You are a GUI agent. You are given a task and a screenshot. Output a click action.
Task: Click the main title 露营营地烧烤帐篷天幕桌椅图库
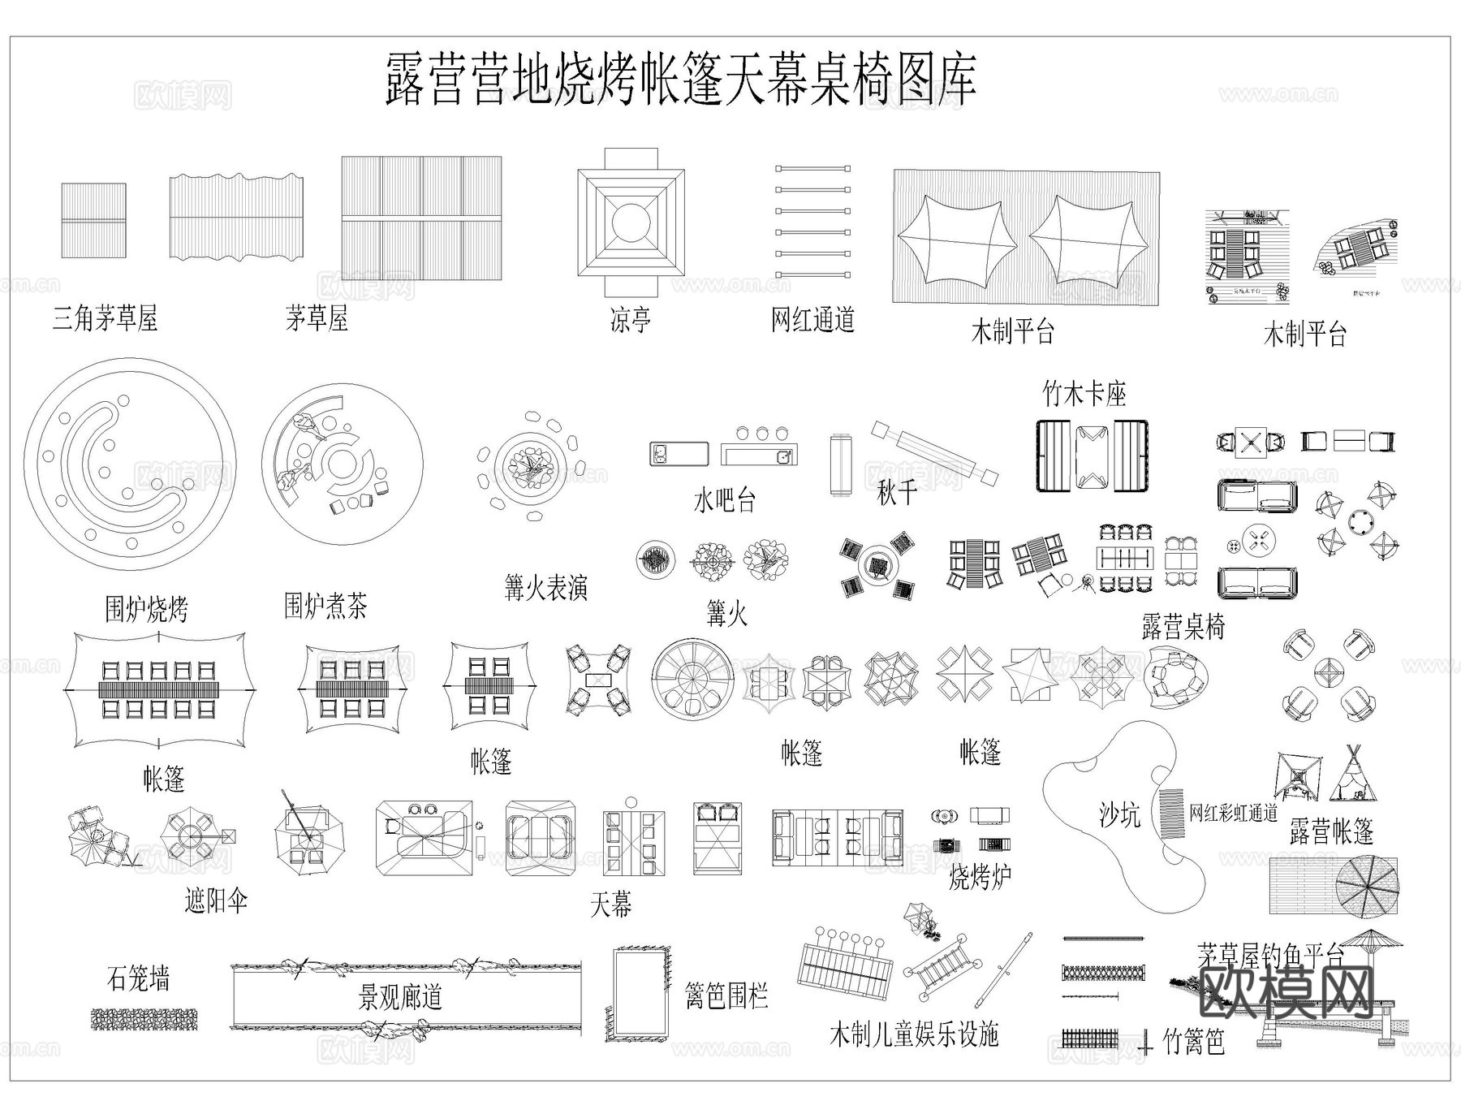(x=680, y=80)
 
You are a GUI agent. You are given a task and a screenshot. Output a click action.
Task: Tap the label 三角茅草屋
(x=105, y=318)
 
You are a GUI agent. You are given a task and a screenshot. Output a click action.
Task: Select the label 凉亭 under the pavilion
(x=630, y=320)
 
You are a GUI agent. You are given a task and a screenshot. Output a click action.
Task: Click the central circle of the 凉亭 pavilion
(x=631, y=222)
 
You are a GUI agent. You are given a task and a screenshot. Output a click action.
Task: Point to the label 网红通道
(x=812, y=319)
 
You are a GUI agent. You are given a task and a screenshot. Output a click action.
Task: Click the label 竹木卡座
(x=1084, y=395)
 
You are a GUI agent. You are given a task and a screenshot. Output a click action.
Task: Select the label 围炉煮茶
(x=325, y=606)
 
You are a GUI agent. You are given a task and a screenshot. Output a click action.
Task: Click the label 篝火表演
(x=545, y=588)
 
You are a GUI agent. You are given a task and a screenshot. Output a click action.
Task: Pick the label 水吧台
(x=724, y=500)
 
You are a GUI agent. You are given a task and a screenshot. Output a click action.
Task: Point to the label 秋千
(x=897, y=493)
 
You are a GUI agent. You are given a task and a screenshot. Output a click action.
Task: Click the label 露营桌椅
(x=1183, y=627)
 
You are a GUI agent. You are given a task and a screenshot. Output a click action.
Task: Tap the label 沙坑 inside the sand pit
(x=1120, y=814)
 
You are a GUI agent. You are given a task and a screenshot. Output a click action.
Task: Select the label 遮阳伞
(x=215, y=900)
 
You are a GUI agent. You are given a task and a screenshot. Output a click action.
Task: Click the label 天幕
(x=610, y=904)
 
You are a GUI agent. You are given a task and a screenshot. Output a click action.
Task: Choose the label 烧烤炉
(x=980, y=876)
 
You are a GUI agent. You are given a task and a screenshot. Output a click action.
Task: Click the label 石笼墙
(x=138, y=978)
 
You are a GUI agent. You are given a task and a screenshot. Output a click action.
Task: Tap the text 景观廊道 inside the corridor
(x=400, y=997)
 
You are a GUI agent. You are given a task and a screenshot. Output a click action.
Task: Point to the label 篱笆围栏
(x=726, y=995)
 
